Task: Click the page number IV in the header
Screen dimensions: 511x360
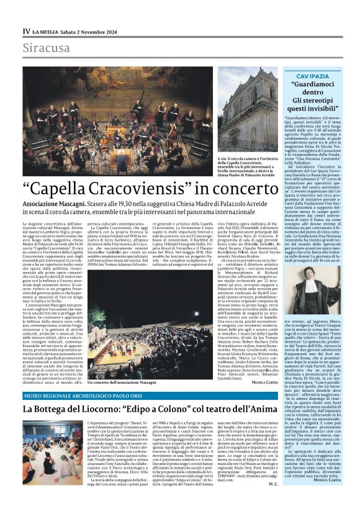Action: point(27,31)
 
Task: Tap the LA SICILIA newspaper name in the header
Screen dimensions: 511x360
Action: point(47,31)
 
